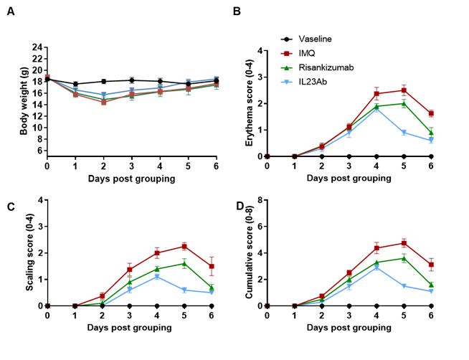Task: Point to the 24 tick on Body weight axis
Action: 37,47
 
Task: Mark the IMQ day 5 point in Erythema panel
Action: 404,90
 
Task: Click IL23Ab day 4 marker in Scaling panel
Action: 157,277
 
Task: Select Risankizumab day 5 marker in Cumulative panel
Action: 404,258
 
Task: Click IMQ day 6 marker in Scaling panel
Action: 212,266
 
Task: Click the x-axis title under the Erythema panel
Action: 349,178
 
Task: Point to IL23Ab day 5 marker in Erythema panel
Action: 404,133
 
